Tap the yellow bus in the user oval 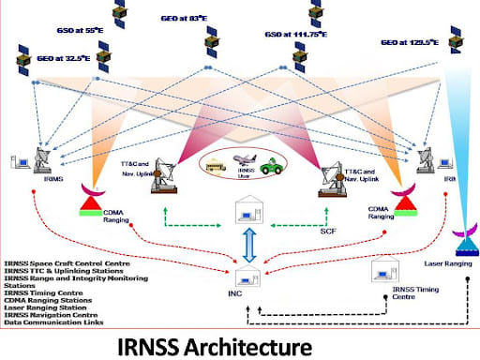pos(217,166)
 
